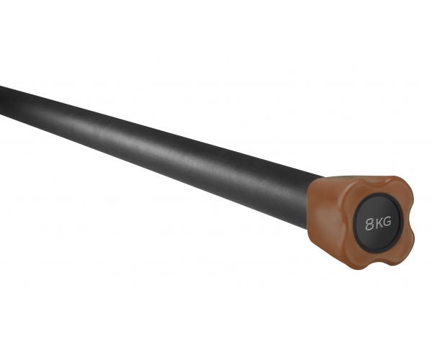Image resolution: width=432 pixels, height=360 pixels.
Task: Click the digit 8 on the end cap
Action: point(370,224)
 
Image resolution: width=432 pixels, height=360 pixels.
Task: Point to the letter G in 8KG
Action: point(387,222)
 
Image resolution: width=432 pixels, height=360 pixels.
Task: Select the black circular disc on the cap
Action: point(377,223)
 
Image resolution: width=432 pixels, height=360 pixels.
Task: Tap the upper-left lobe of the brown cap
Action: point(353,190)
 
